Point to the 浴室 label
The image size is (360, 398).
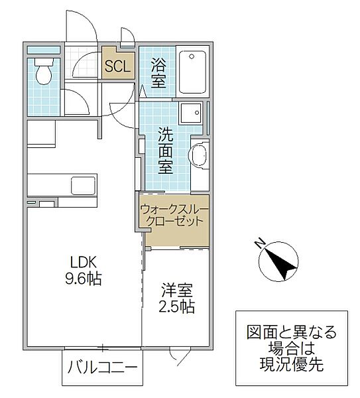pyautogui.click(x=158, y=72)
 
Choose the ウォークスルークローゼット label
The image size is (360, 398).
pyautogui.click(x=174, y=215)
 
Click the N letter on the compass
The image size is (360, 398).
pyautogui.click(x=261, y=242)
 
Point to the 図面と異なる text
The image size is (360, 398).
pyautogui.click(x=292, y=331)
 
